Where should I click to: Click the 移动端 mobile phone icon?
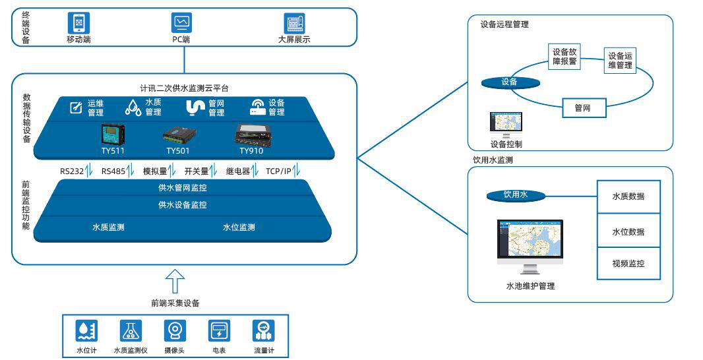[78, 23]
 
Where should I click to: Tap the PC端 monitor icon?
[182, 23]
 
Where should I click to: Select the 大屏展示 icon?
[294, 23]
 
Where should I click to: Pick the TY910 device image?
[251, 135]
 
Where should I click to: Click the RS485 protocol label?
[115, 171]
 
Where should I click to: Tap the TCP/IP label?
[278, 171]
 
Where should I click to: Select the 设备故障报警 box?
[565, 57]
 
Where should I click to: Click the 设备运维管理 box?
[620, 61]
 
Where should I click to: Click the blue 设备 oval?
[510, 82]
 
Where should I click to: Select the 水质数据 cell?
[628, 196]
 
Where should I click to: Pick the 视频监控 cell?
[628, 264]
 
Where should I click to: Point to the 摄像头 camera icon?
[175, 330]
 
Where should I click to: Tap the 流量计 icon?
[264, 330]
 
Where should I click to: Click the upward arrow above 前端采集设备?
[174, 280]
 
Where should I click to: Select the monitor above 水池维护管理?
[530, 247]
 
